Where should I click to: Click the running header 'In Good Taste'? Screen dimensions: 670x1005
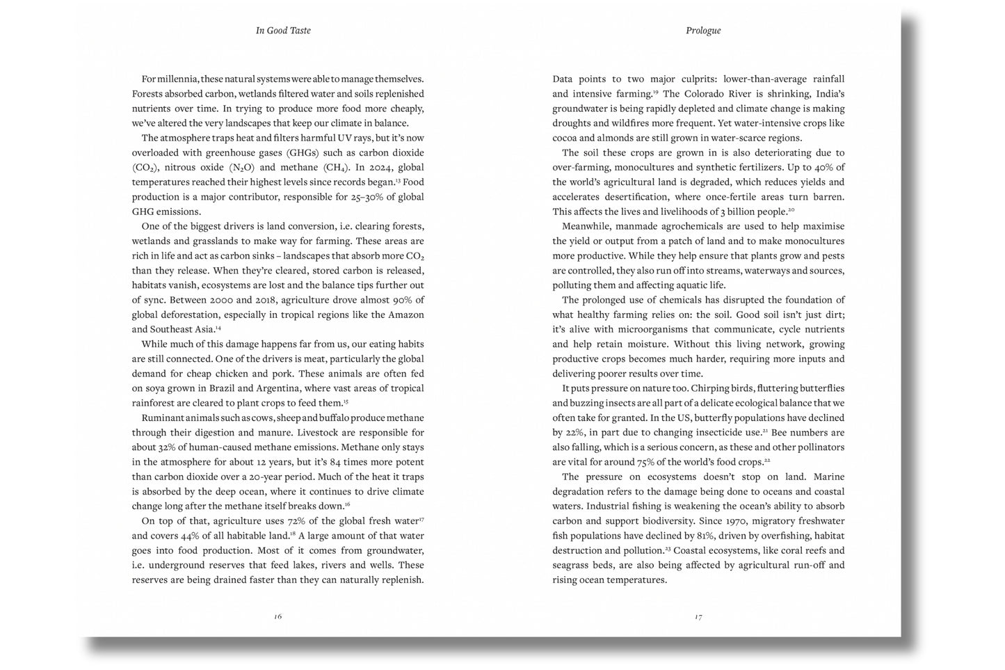(x=283, y=31)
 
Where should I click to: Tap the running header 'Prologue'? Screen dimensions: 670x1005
(x=703, y=31)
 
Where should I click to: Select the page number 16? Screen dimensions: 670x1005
(x=278, y=616)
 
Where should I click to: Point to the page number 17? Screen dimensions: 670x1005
(x=698, y=616)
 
